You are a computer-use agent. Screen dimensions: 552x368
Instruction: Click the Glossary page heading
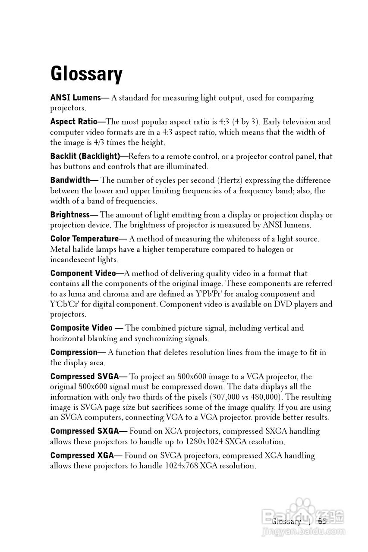click(86, 74)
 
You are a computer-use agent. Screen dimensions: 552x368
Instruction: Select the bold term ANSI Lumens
click(75, 98)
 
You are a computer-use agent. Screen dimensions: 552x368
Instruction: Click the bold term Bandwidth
click(70, 180)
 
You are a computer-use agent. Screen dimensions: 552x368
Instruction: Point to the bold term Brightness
click(70, 215)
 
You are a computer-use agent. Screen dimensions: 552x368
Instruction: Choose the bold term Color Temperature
click(85, 238)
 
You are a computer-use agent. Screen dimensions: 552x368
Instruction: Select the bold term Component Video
click(83, 273)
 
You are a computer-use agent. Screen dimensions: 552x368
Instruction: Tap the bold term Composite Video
click(82, 328)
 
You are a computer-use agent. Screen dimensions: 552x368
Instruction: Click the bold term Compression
click(74, 352)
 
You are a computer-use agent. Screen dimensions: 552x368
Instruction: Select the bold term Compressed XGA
click(82, 455)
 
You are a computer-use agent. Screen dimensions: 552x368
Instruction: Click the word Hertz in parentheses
click(233, 180)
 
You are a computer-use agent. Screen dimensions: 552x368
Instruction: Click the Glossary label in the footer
click(286, 521)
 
